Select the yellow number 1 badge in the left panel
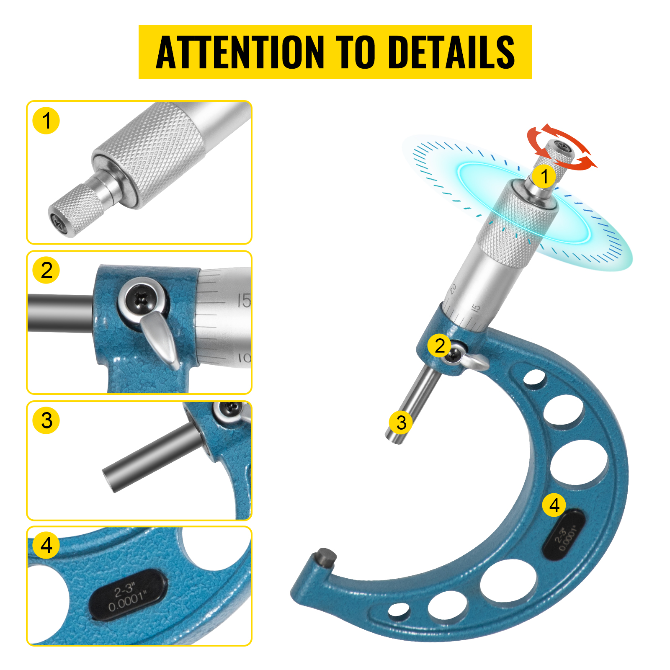point(46,121)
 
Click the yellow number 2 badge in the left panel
point(46,270)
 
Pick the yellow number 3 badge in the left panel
point(46,420)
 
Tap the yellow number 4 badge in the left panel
point(46,545)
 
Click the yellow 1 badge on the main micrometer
point(544,176)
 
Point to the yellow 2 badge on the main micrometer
point(439,346)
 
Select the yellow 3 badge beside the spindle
point(401,422)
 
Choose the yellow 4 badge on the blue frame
point(554,505)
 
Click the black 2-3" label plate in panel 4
point(128,595)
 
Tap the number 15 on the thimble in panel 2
point(244,300)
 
